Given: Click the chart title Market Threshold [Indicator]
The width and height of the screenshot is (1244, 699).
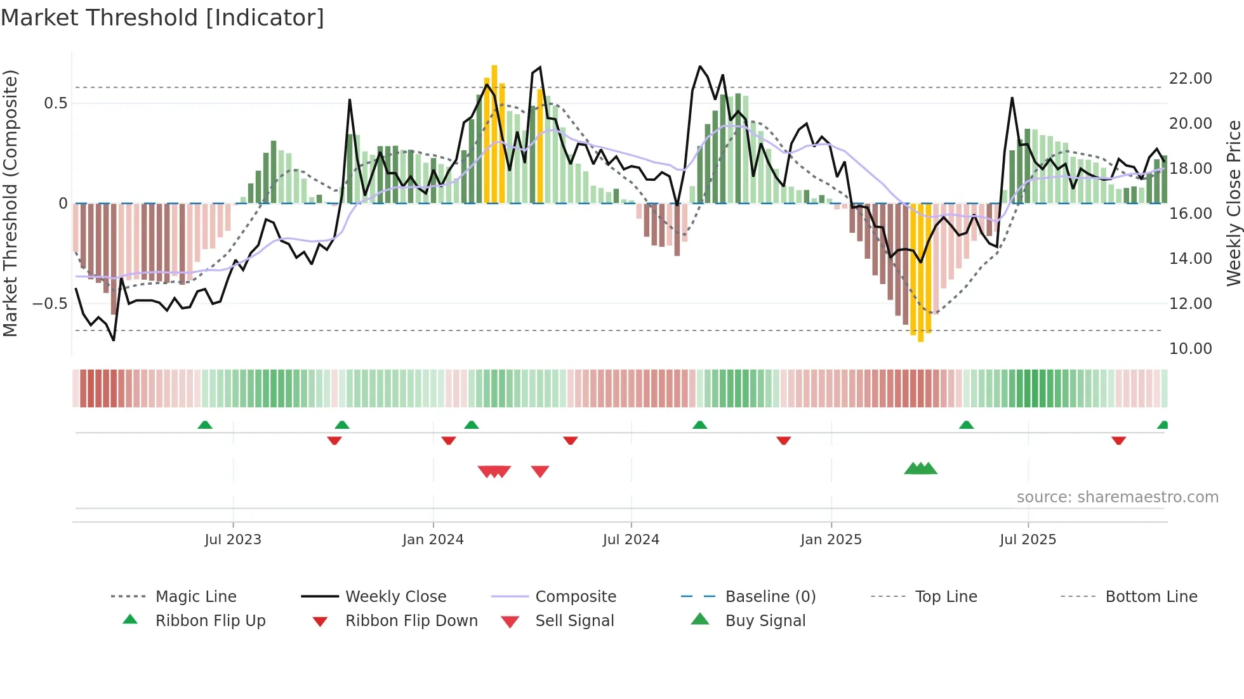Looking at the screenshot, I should click(162, 18).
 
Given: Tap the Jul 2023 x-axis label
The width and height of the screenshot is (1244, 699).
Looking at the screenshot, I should click(232, 540).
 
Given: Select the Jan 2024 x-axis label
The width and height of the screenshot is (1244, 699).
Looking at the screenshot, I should click(433, 540).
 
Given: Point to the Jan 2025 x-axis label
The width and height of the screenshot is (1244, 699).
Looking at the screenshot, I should click(831, 540).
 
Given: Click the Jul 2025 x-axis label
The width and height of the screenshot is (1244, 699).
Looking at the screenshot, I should click(1028, 540).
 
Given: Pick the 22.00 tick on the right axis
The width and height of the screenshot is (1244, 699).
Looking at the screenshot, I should click(1190, 79).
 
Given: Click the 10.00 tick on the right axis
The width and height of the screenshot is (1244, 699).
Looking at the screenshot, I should click(1190, 349).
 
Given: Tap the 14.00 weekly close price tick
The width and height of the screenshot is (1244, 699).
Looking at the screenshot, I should click(1190, 259).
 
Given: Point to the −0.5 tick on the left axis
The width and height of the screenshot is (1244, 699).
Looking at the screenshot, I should click(50, 304).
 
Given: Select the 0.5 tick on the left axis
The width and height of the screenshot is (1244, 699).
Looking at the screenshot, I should click(55, 103).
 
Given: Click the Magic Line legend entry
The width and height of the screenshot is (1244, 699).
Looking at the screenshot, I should click(195, 597).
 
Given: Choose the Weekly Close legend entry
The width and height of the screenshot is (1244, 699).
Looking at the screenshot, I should click(395, 597).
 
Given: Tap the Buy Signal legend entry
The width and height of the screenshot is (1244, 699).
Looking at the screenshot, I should click(765, 621).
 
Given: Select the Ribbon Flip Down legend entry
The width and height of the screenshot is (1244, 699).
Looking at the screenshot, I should click(411, 621).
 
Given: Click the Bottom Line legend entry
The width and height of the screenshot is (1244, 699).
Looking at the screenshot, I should click(1151, 597).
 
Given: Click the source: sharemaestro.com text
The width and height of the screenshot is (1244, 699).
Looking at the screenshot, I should click(1117, 497).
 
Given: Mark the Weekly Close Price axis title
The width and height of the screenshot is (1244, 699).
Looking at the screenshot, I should click(1233, 203).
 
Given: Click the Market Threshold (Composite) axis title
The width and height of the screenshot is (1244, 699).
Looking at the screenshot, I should click(10, 203).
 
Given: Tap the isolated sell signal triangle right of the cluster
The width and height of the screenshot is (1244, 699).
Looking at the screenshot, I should click(540, 471).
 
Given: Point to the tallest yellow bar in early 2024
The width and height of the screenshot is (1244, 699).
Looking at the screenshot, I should click(494, 133).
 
